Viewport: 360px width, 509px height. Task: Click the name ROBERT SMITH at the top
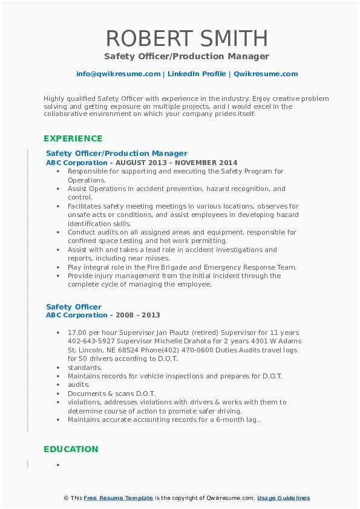186,38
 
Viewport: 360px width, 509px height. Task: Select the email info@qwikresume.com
119,74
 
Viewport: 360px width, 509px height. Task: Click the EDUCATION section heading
71,449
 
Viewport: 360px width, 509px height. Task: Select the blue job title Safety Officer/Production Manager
117,154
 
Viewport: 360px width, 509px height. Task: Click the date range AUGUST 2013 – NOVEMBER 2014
182,163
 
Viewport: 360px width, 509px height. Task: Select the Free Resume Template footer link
118,498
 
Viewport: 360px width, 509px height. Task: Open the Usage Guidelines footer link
283,498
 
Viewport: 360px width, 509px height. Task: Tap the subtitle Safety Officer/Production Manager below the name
186,56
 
